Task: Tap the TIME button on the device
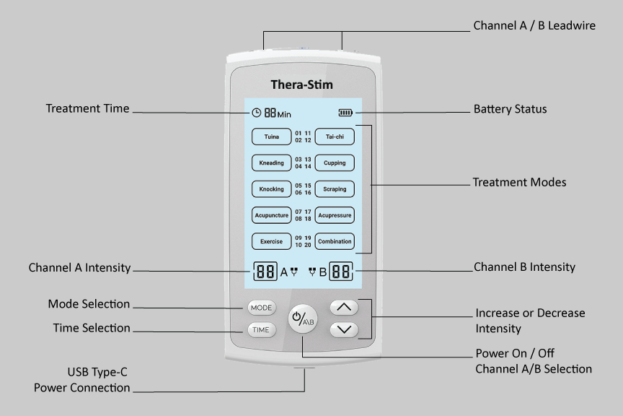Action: point(260,329)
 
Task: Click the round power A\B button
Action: point(302,319)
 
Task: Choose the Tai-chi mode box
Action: point(335,136)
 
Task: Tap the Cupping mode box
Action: point(335,162)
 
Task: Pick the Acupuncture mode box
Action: point(271,215)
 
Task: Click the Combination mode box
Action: point(335,241)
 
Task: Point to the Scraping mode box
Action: point(335,189)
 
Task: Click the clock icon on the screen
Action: point(256,113)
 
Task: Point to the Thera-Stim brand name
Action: point(302,84)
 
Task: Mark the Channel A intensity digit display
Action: point(265,272)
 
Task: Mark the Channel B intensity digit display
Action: point(342,272)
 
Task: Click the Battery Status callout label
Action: point(510,109)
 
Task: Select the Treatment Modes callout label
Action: point(519,182)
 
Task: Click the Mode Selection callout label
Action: point(89,304)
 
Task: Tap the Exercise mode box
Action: point(271,241)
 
